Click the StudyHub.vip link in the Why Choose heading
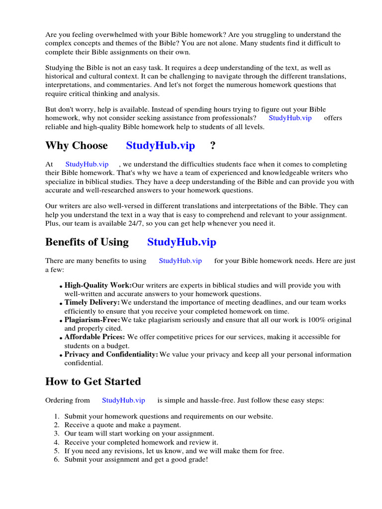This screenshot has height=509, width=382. point(160,146)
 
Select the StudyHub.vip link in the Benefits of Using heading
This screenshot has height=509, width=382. point(182,242)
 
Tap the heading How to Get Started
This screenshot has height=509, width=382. point(93,382)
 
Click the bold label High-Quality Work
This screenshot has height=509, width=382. point(98,285)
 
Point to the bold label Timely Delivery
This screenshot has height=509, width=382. point(92,303)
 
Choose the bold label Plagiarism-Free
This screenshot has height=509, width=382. point(93,320)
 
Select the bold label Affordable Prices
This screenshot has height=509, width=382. point(95,337)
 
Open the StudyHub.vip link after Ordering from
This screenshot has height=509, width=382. point(123,400)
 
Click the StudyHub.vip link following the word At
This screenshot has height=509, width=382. point(87,164)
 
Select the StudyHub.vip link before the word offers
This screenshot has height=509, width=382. point(290,118)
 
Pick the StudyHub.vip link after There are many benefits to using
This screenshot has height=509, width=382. point(180,261)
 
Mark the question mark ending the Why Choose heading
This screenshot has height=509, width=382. point(213,146)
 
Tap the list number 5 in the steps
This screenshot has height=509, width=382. point(57,451)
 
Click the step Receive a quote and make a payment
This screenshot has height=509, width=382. point(122,425)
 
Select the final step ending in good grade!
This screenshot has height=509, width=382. point(136,460)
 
